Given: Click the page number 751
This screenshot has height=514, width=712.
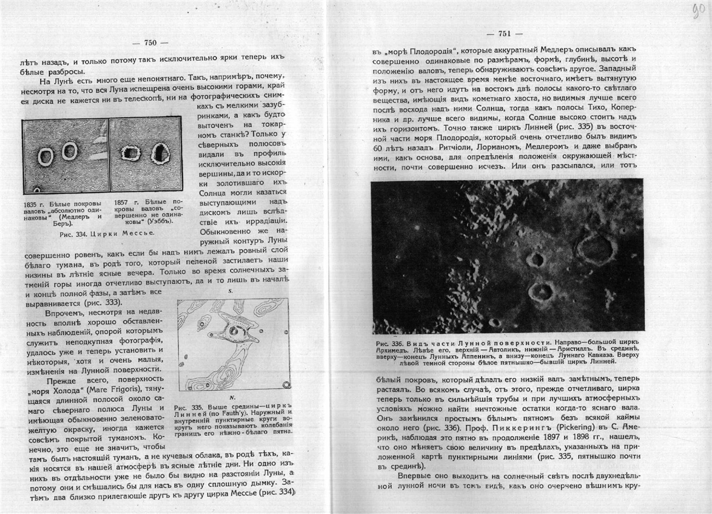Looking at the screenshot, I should click(507, 34).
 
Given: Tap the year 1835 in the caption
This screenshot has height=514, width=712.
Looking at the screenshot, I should click(32, 203).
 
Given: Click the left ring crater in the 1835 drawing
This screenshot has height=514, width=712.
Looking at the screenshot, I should click(45, 157).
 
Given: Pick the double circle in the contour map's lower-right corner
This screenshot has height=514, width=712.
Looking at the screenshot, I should click(286, 384).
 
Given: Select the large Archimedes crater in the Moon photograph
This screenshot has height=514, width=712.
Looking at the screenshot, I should click(597, 247).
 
